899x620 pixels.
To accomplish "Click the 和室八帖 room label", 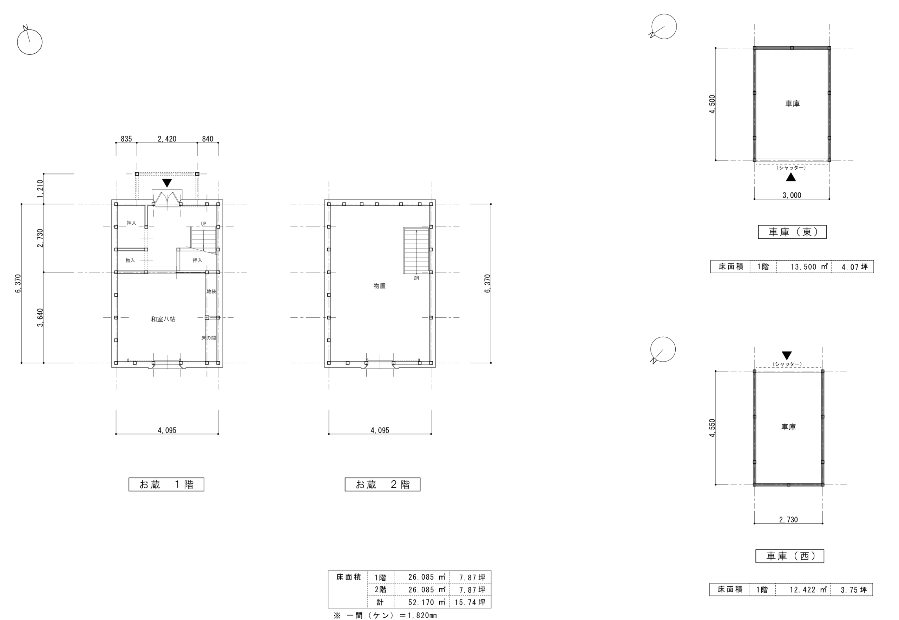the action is (163, 319).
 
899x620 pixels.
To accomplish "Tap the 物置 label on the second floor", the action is (379, 285).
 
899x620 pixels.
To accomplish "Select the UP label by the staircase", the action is (204, 224).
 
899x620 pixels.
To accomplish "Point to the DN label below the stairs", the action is (416, 278).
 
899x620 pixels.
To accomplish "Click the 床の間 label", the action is (208, 338).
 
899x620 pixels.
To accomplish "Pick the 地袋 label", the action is (211, 291).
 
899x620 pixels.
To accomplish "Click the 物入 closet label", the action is (130, 260).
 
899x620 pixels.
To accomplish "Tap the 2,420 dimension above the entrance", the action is (167, 139).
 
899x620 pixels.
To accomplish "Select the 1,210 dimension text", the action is (40, 189).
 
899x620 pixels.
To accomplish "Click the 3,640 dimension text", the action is (40, 317).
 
